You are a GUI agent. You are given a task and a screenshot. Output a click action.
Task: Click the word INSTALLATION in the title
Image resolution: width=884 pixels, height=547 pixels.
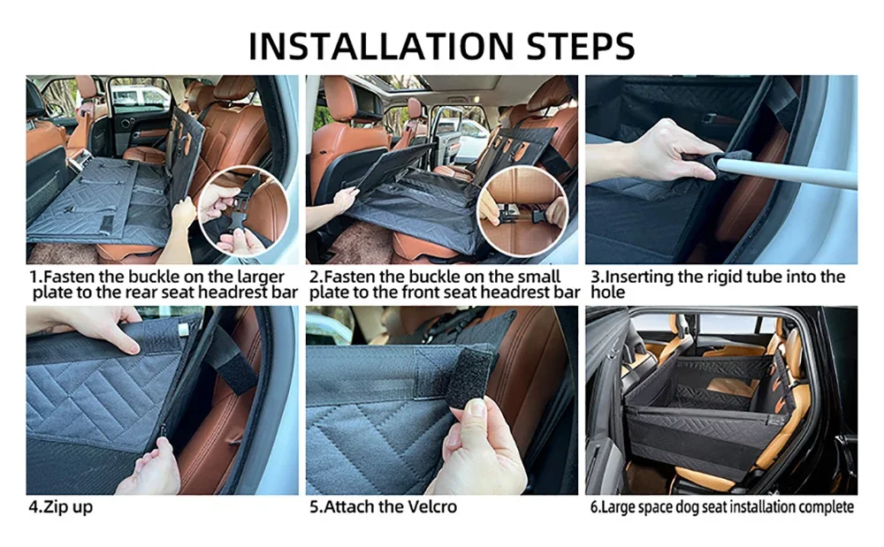click(381, 46)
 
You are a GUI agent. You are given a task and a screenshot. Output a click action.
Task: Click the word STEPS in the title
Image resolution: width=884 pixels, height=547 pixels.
click(581, 46)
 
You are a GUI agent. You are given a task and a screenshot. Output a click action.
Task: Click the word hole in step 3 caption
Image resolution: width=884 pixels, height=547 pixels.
click(608, 292)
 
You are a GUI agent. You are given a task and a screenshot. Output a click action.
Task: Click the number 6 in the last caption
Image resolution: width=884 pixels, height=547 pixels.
click(594, 506)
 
